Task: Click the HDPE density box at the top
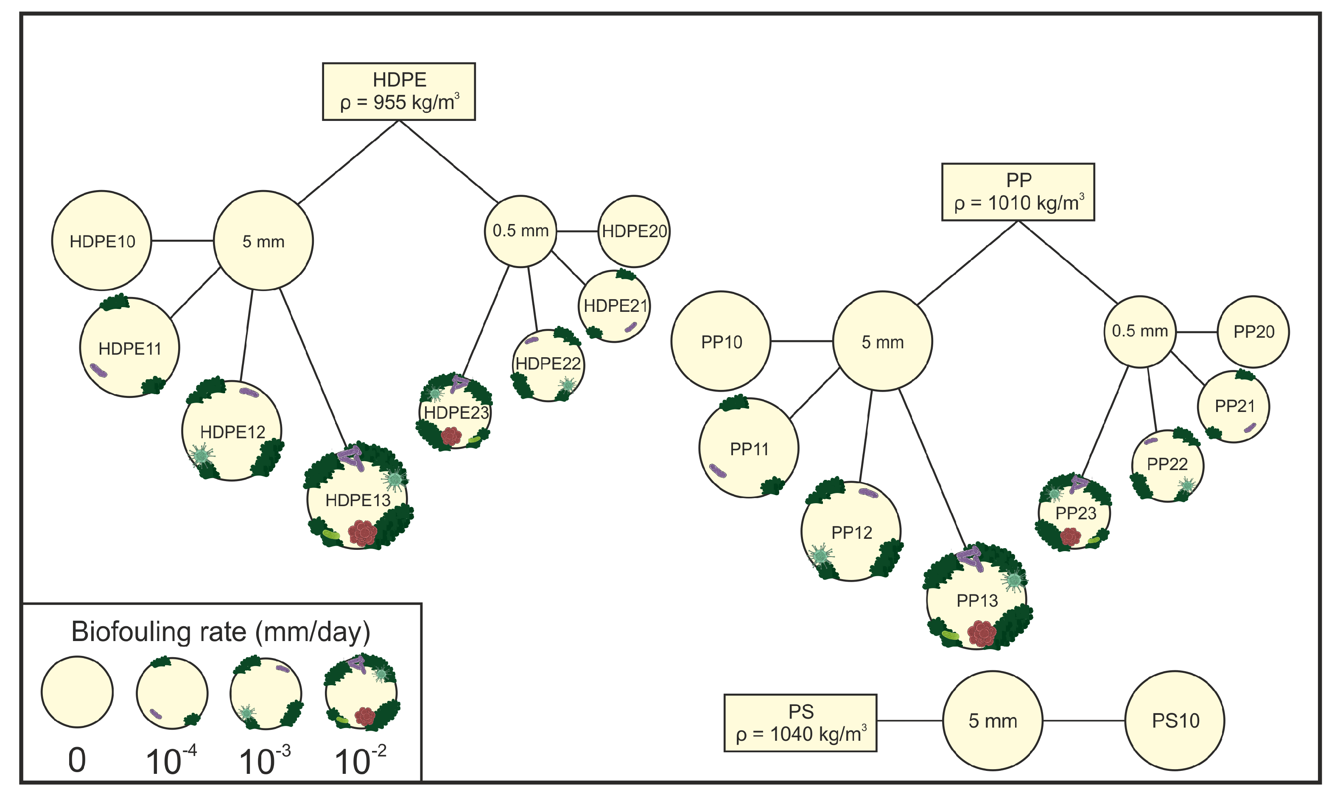pyautogui.click(x=399, y=91)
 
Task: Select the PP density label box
pyautogui.click(x=1018, y=192)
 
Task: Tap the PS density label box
pyautogui.click(x=800, y=723)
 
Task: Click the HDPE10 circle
pyautogui.click(x=101, y=240)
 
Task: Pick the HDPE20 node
pyautogui.click(x=634, y=231)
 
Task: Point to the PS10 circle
pyautogui.click(x=1175, y=720)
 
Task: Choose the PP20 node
pyautogui.click(x=1253, y=331)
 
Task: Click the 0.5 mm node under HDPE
pyautogui.click(x=520, y=231)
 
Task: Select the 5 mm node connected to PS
pyautogui.click(x=993, y=720)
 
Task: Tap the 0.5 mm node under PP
pyautogui.click(x=1140, y=331)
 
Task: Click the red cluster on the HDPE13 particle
pyautogui.click(x=363, y=533)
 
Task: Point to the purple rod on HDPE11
pyautogui.click(x=98, y=370)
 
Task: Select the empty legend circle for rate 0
pyautogui.click(x=77, y=692)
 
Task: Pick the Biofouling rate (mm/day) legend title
pyautogui.click(x=221, y=632)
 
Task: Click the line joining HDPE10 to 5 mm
pyautogui.click(x=182, y=240)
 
